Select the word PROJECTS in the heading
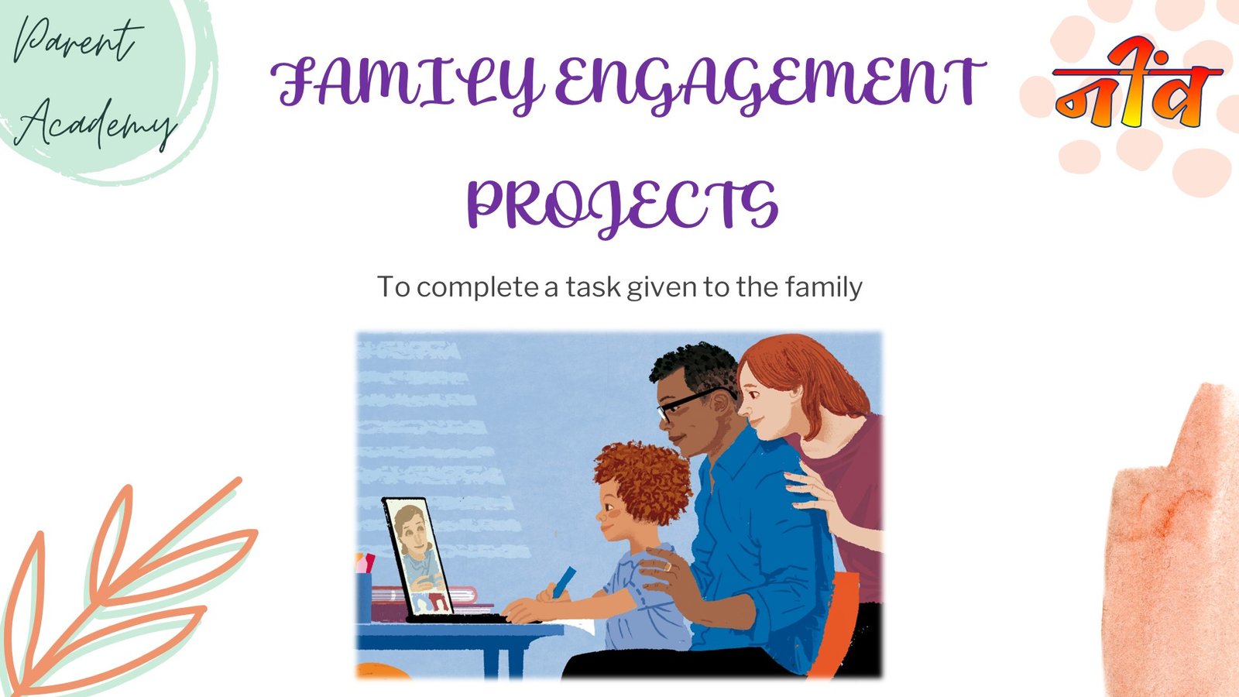click(x=623, y=207)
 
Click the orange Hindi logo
click(x=1138, y=83)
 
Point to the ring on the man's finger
click(x=668, y=566)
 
